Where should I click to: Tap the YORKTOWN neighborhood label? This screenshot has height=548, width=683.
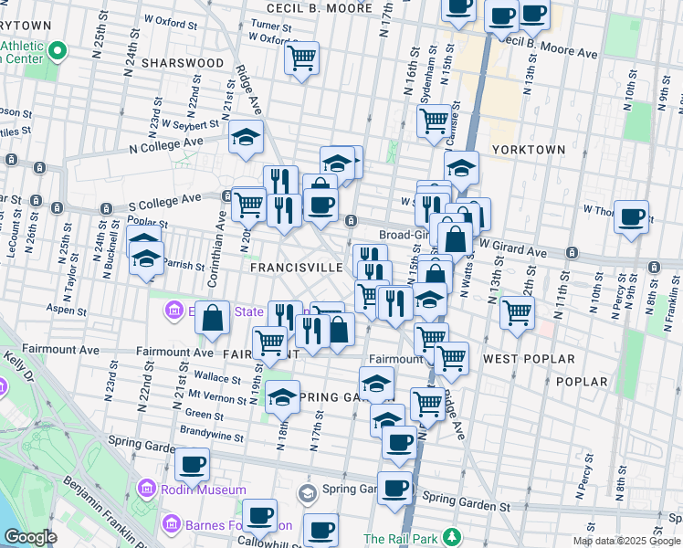(528, 149)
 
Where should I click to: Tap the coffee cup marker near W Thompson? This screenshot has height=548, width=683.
(631, 217)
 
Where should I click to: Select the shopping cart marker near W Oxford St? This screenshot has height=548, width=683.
(301, 58)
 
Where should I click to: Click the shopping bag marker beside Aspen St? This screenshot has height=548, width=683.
(212, 319)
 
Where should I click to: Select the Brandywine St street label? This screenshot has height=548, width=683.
(212, 437)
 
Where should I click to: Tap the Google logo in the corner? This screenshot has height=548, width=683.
(30, 537)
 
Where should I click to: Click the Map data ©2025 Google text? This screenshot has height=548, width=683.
(626, 541)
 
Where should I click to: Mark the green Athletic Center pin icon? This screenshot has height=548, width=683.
(58, 49)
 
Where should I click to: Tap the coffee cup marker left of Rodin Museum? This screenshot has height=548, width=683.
(193, 463)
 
